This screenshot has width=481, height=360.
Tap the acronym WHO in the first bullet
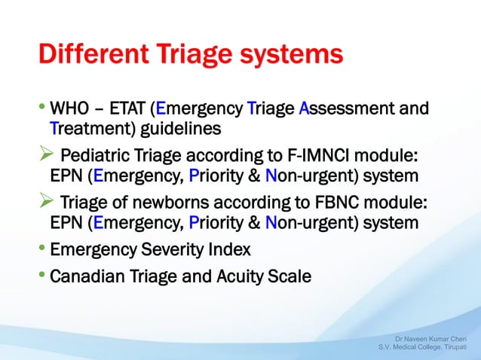click(69, 110)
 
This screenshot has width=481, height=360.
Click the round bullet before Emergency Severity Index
click(43, 249)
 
